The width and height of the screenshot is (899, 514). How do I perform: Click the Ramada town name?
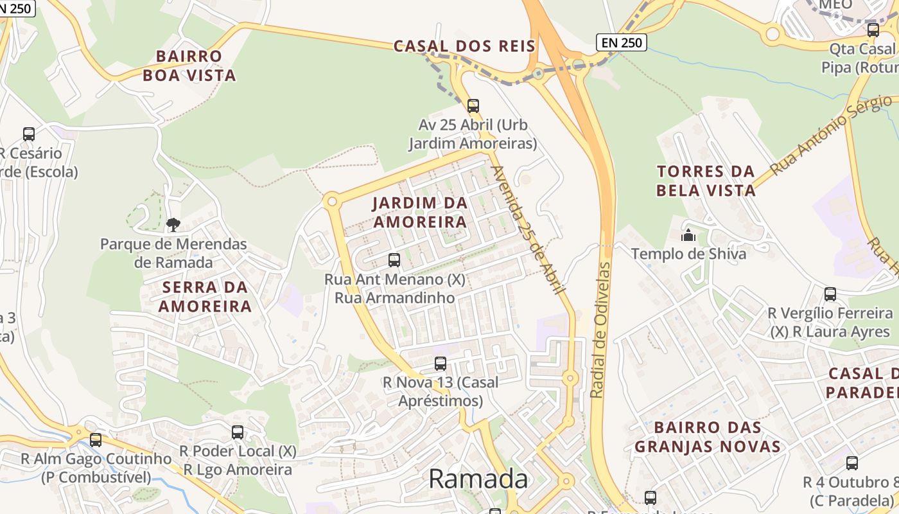478,479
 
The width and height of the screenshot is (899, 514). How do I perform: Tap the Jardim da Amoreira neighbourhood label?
420,213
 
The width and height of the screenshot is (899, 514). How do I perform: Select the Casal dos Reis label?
464,46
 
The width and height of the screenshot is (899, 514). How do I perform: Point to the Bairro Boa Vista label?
189,66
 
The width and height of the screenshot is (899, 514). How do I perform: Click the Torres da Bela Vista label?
706,181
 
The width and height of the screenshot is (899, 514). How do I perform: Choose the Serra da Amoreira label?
205,296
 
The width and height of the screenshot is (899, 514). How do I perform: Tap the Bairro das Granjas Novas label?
707,437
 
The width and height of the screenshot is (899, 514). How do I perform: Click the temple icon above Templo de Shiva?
688,235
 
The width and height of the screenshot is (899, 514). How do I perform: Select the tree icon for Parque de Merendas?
173,224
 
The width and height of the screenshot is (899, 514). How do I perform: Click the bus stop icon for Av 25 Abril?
473,106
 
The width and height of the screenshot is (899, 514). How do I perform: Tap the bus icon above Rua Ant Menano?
394,260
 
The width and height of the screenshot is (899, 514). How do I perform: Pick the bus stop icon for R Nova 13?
441,363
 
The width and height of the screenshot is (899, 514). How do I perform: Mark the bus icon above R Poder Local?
238,432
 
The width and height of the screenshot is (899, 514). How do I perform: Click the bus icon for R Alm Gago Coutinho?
96,440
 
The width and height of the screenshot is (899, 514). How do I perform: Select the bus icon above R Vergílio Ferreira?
830,294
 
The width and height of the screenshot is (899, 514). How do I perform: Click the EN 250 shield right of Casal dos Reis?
621,42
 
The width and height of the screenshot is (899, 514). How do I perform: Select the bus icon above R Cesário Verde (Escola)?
29,134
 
